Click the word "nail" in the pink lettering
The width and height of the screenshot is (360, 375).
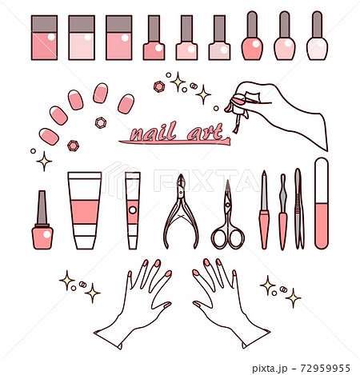tap(154, 132)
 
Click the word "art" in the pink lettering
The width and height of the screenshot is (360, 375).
tap(205, 132)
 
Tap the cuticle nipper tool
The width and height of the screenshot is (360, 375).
tap(181, 212)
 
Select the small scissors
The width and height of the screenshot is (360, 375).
tap(228, 215)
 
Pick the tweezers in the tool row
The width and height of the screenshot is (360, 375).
tap(298, 209)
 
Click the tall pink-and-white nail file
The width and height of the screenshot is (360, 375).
tap(322, 203)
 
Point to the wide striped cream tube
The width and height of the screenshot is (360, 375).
tap(85, 210)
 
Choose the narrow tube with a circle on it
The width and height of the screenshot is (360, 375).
tap(133, 210)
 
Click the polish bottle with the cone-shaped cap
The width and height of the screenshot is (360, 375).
tap(42, 220)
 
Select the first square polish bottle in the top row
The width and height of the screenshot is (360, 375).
tap(44, 38)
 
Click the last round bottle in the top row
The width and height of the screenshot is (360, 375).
tap(317, 35)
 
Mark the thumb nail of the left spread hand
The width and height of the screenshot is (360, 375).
tap(168, 305)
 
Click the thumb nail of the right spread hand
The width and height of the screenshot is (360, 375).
tap(197, 304)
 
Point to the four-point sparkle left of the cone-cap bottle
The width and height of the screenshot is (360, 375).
tap(44, 162)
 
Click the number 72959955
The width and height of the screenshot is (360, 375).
tap(325, 368)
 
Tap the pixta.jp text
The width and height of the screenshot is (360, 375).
tap(270, 369)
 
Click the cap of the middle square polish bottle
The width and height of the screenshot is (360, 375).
tap(82, 24)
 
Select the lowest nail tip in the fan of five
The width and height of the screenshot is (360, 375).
tap(49, 137)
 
